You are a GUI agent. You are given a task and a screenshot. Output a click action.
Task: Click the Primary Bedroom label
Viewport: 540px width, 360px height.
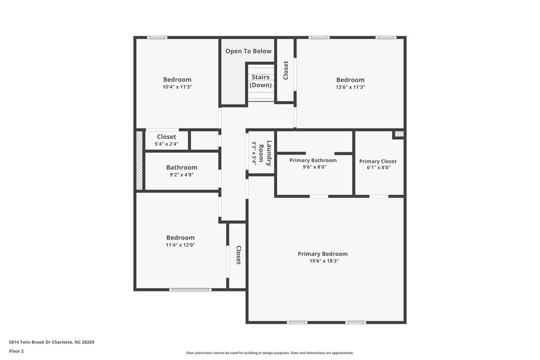(322, 254)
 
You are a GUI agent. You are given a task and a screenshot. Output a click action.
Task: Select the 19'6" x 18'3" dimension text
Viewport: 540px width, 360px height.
(324, 261)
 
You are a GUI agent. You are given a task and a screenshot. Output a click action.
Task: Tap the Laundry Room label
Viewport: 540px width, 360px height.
(261, 153)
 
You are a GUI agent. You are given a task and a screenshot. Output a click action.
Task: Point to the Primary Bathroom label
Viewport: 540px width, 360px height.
(313, 160)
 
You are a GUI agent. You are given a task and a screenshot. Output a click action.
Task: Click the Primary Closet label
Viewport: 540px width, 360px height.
(377, 161)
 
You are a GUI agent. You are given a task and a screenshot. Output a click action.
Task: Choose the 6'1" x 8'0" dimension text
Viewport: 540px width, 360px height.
(378, 168)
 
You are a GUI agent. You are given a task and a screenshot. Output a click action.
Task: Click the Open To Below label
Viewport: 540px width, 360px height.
(248, 51)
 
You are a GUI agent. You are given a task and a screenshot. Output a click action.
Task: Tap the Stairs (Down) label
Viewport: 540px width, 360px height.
(260, 81)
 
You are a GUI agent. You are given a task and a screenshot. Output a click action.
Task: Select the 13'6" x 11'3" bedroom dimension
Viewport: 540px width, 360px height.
(350, 87)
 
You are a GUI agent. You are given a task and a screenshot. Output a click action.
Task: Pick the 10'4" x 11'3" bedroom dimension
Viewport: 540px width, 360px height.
(177, 87)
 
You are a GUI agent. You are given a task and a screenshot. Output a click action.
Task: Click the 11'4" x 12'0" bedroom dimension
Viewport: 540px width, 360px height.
(180, 245)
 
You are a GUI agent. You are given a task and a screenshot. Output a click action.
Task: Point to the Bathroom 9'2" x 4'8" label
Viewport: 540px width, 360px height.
(181, 171)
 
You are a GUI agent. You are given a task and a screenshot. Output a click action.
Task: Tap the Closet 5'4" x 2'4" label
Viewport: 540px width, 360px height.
(166, 140)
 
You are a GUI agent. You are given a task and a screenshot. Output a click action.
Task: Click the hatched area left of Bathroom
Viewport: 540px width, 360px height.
(139, 161)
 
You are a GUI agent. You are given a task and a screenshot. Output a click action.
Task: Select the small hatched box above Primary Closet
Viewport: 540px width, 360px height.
(399, 134)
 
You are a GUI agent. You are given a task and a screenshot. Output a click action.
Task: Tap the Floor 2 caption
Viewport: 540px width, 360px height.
(16, 351)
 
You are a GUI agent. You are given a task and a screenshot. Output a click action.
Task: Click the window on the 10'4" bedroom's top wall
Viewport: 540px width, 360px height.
(157, 37)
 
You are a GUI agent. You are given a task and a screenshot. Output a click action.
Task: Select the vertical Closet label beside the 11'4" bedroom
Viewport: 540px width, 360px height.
(238, 255)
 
